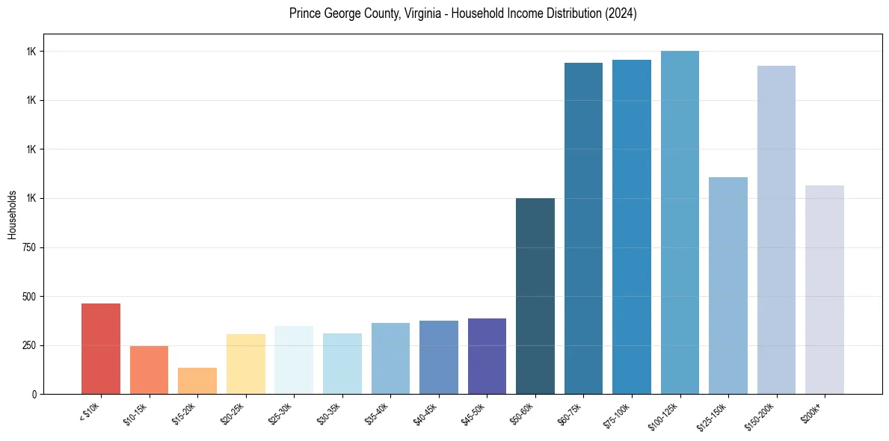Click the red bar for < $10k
[x=101, y=348]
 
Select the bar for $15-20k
[x=197, y=380]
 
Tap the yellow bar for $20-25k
[x=245, y=364]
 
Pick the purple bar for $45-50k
[x=487, y=356]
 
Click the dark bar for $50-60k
[x=535, y=296]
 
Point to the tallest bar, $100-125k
[x=680, y=223]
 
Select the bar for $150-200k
[x=776, y=230]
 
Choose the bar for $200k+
[x=824, y=290]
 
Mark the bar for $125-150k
[x=727, y=286]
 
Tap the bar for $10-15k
[x=149, y=370]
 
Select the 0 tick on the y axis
[x=34, y=394]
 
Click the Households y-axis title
[x=12, y=215]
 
